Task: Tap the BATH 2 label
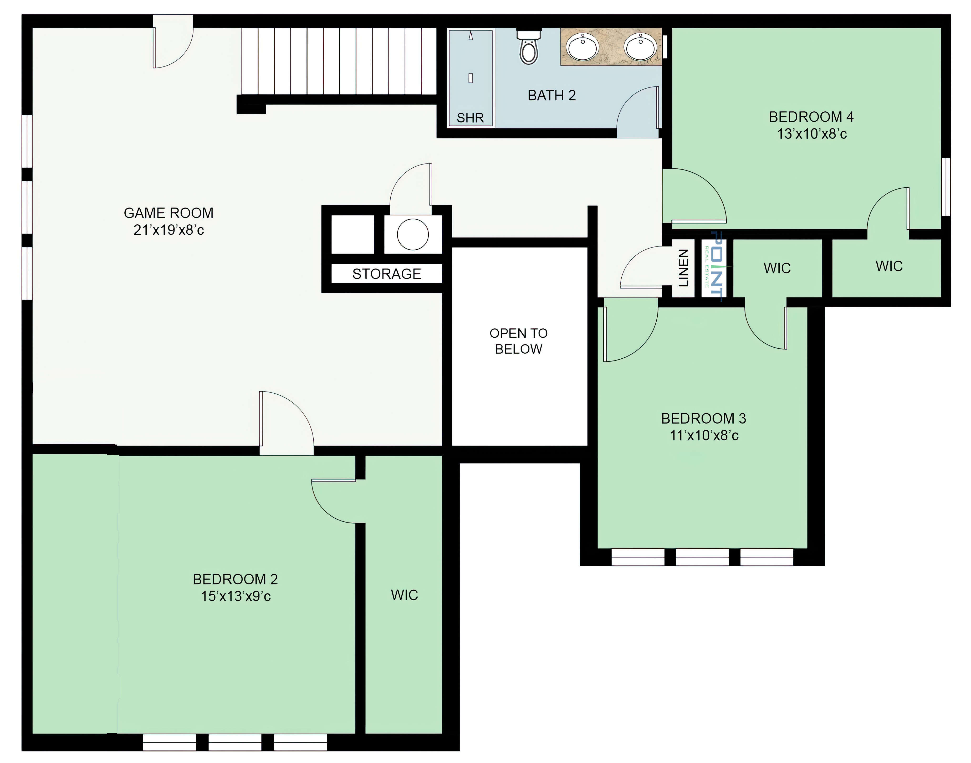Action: pos(551,96)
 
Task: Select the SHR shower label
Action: pos(470,118)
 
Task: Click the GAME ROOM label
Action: pos(168,213)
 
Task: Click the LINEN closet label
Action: pos(683,268)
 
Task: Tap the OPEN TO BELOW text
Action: pos(518,341)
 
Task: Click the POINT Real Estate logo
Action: pos(715,267)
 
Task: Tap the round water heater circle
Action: pos(413,234)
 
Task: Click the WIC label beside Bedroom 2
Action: pos(404,595)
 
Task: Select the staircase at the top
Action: pos(339,62)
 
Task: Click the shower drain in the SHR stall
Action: pos(471,78)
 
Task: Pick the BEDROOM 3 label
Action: pos(703,419)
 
